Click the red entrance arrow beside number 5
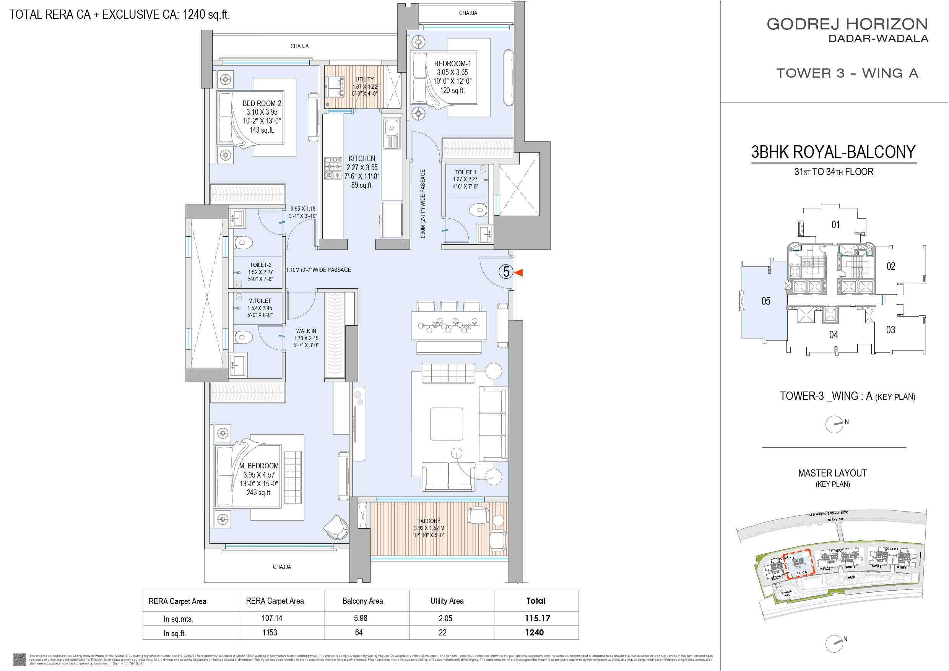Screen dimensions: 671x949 pos(519,273)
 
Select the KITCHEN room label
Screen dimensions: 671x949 pos(362,158)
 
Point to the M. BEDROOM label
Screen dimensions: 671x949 pos(259,466)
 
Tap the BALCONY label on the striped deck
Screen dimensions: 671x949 pos(429,521)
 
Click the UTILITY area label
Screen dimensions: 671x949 pos(364,80)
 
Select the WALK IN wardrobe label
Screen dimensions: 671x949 pos(306,331)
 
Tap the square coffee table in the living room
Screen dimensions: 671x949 pos(446,424)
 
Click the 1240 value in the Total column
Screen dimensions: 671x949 pos(534,632)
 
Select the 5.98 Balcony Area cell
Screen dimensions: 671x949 pos(361,618)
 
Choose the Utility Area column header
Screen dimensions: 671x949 pos(447,601)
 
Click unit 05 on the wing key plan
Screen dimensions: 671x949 pos(765,301)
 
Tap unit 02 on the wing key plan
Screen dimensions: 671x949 pos(891,266)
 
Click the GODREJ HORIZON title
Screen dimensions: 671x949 pos(847,24)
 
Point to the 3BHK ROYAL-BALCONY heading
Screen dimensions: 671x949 pos(833,152)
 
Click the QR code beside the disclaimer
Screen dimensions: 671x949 pos(19,659)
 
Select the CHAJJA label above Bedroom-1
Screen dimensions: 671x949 pos(468,13)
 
